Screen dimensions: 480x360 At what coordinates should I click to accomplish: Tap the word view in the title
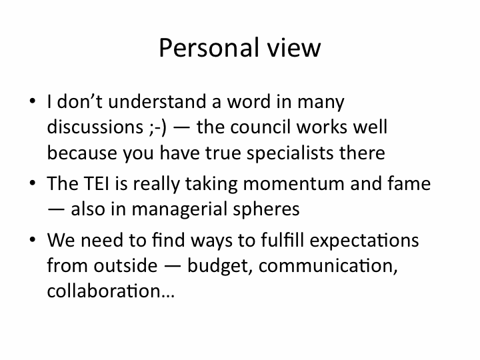(294, 48)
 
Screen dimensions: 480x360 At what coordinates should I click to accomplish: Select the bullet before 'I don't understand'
(33, 101)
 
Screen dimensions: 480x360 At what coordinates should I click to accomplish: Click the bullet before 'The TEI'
(33, 183)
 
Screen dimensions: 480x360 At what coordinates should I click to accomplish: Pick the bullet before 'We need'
(33, 239)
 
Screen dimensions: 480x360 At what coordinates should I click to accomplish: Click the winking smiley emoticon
(158, 128)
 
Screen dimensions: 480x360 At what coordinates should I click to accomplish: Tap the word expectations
(364, 240)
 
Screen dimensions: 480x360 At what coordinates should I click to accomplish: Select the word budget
(220, 266)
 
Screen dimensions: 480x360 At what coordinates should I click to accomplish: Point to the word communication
(328, 266)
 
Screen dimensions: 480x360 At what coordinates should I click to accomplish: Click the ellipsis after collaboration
(167, 296)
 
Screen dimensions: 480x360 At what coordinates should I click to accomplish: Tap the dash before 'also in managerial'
(56, 209)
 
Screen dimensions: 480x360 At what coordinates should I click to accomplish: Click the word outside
(125, 265)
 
